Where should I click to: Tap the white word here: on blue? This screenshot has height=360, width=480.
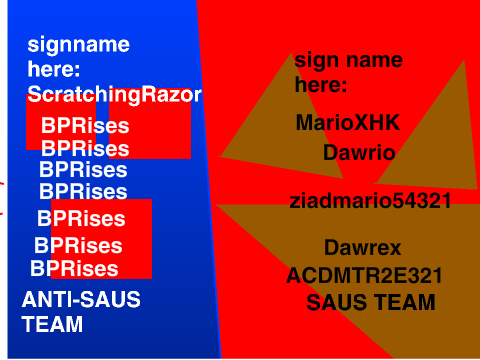[54, 69]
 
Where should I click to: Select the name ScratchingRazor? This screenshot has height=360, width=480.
[114, 95]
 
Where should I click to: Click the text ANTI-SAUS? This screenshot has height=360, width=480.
[81, 299]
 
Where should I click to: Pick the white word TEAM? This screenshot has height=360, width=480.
[52, 324]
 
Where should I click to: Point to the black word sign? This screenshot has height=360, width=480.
[316, 61]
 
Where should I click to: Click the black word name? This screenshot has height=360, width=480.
[374, 60]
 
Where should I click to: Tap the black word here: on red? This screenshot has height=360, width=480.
[321, 84]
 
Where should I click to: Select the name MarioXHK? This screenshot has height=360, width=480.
[348, 122]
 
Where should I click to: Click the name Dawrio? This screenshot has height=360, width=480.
[359, 153]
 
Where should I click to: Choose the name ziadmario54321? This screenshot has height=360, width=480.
[370, 201]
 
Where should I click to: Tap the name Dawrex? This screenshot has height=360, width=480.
[363, 248]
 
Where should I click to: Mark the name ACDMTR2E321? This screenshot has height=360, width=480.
[364, 276]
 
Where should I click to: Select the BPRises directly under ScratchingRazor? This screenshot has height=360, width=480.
[85, 126]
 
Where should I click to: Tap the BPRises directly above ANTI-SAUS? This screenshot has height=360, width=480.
[74, 268]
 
